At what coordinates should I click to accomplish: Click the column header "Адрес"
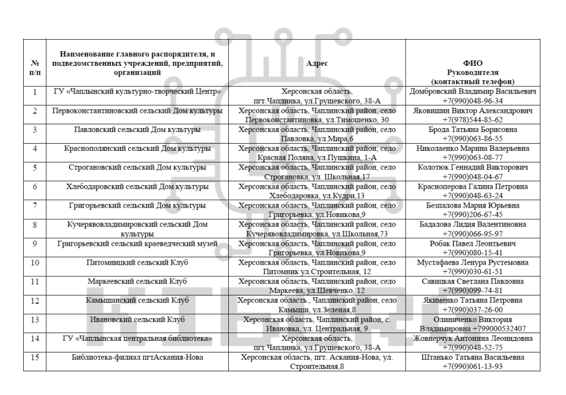(317, 63)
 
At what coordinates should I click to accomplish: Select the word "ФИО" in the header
(473, 63)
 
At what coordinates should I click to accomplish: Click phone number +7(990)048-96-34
(473, 101)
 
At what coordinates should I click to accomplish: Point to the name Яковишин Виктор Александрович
(473, 110)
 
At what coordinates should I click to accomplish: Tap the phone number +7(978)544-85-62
(473, 120)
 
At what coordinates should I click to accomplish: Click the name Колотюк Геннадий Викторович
(473, 167)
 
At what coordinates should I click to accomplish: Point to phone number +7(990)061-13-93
(473, 366)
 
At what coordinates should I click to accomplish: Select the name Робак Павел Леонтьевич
(473, 244)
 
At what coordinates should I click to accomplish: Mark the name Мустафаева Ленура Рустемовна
(473, 262)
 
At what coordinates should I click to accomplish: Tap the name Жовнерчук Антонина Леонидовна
(473, 338)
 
